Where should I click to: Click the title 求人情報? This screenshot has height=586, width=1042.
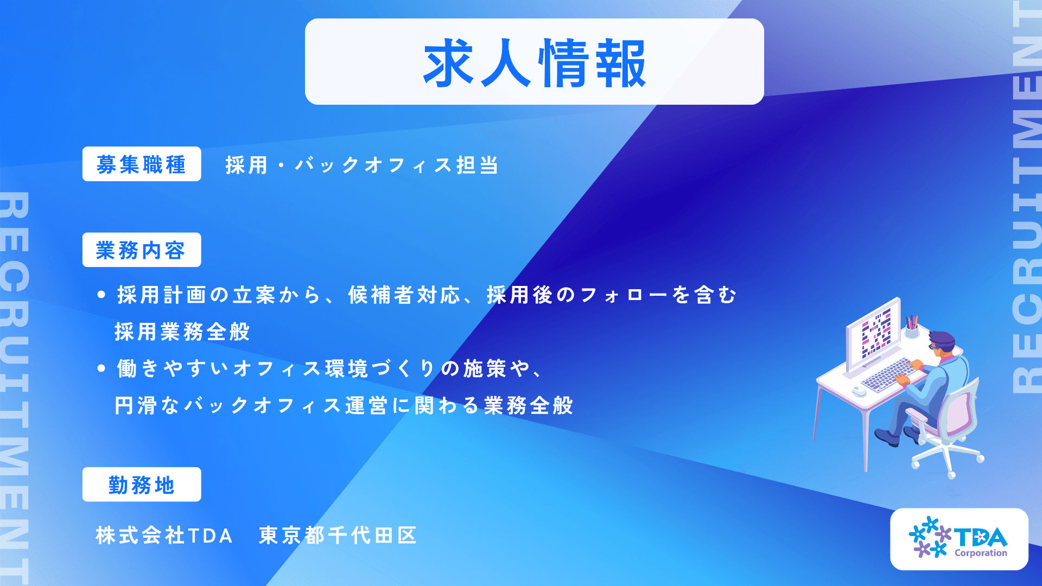pos(535,63)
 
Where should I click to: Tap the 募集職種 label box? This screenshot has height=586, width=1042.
pos(142,164)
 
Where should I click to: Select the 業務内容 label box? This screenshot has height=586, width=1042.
pos(142,250)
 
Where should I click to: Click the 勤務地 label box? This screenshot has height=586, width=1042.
pos(142,485)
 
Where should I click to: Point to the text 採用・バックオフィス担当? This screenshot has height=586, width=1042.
pos(362,165)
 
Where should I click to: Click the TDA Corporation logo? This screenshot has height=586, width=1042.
pos(959,539)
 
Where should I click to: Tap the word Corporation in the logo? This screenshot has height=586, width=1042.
pos(981,553)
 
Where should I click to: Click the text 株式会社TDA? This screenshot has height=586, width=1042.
pos(164,536)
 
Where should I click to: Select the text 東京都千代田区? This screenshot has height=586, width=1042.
pos(338,536)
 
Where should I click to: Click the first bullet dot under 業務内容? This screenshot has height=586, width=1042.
pos(101,295)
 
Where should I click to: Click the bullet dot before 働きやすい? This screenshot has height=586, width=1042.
pos(101,369)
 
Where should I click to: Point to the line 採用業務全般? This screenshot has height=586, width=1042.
pos(182,332)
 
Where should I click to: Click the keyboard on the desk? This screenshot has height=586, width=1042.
pos(888,374)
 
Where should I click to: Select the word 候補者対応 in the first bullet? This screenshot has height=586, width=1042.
pos(404,295)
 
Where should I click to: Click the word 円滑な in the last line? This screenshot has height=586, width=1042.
pos(148,406)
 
